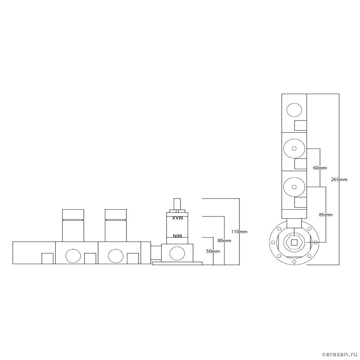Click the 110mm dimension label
pos(239,231)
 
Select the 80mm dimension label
pos(224,241)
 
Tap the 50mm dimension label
pos(213,251)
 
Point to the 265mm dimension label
pos(339,180)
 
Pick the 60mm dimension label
pos(320,168)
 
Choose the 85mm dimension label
pos(325,215)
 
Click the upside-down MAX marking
pos(177,218)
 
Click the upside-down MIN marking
pos(177,236)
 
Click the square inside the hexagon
pos(294,242)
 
